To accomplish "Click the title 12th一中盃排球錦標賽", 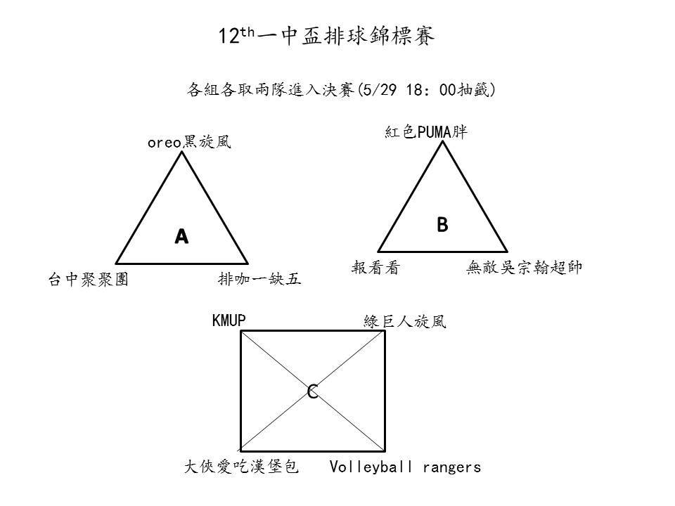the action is pyautogui.click(x=326, y=35).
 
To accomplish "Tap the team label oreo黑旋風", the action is pyautogui.click(x=189, y=142).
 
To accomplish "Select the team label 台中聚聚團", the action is pyautogui.click(x=89, y=279).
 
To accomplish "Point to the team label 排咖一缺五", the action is pyautogui.click(x=259, y=279).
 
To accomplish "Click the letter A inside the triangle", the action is pyautogui.click(x=181, y=236).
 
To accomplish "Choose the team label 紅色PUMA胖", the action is pyautogui.click(x=426, y=131).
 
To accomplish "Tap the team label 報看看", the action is pyautogui.click(x=375, y=268).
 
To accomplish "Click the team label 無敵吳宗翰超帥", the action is pyautogui.click(x=525, y=268).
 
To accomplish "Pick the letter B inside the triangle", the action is pyautogui.click(x=442, y=225).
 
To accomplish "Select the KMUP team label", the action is pyautogui.click(x=229, y=320).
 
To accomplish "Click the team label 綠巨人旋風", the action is pyautogui.click(x=405, y=321).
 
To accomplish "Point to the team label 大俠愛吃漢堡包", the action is pyautogui.click(x=241, y=467).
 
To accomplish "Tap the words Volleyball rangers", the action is pyautogui.click(x=405, y=467).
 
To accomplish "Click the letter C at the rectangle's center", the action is pyautogui.click(x=312, y=391).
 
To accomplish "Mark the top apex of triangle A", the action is pyautogui.click(x=181, y=152).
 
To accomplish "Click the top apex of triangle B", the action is pyautogui.click(x=442, y=141).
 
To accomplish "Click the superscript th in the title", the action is pyautogui.click(x=247, y=32).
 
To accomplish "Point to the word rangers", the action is pyautogui.click(x=451, y=468).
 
